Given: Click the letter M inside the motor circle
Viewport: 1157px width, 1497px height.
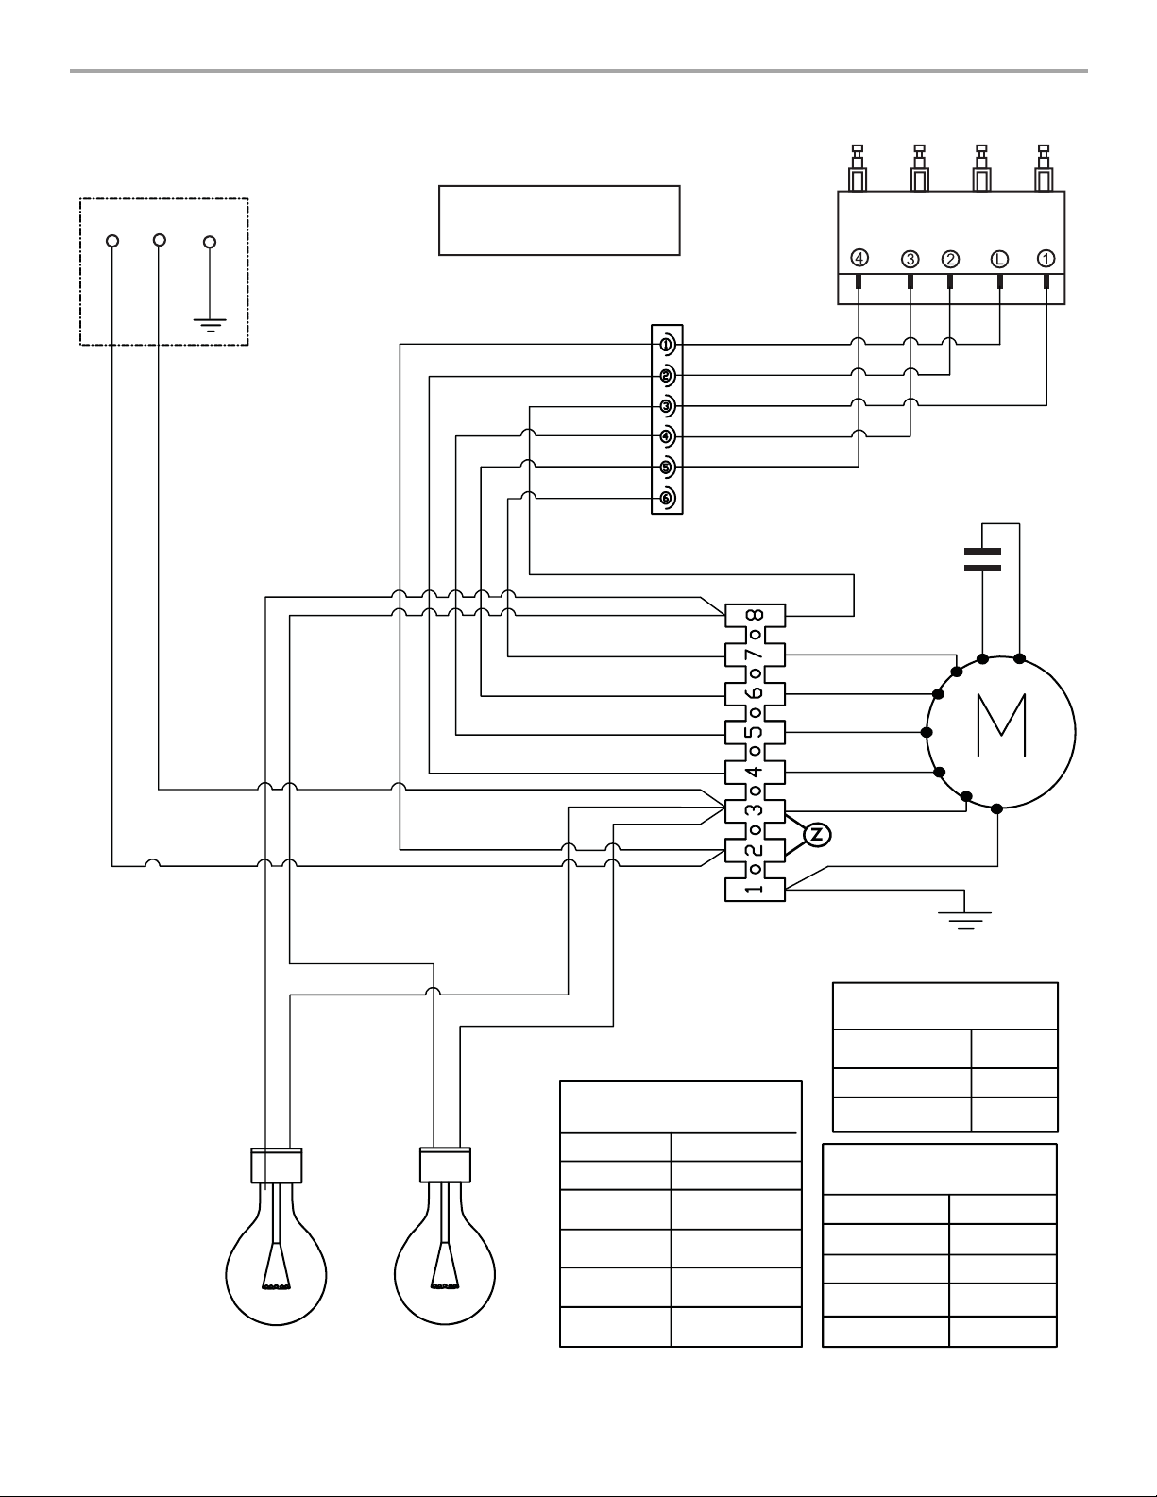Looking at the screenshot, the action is click(1002, 725).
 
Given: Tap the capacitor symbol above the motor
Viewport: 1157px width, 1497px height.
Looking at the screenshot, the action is click(983, 559).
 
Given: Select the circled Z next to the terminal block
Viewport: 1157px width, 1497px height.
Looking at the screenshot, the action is click(817, 835).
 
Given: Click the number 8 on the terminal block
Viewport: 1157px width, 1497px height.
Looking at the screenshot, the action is click(756, 615).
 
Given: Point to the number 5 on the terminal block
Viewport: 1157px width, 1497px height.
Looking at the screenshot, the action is click(756, 732).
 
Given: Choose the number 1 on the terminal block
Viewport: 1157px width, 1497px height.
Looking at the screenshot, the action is click(756, 887).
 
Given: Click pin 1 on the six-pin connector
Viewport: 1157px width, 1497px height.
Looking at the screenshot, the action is click(667, 344).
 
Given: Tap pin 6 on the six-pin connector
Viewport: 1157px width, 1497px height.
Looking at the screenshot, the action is click(667, 498).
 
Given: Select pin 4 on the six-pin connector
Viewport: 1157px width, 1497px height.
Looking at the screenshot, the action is click(667, 436).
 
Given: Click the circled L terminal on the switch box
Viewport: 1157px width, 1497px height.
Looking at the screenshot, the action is click(999, 259).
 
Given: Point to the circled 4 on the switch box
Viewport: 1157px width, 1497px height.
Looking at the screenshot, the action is click(859, 258).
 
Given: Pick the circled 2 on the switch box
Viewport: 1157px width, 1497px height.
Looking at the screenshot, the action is click(950, 259).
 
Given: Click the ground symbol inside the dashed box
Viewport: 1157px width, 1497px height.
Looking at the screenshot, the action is click(210, 325).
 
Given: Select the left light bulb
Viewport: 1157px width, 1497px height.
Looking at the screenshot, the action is click(276, 1236).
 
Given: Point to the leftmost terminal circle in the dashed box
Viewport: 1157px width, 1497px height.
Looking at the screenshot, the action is click(112, 241).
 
